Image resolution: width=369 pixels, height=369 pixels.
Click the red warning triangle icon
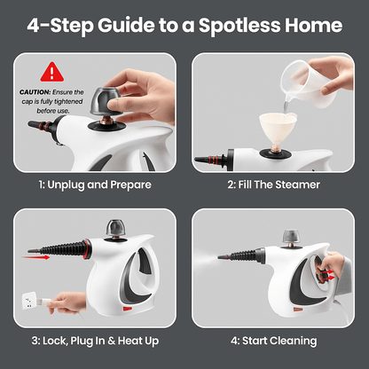52,71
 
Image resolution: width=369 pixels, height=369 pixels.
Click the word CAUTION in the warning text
35,91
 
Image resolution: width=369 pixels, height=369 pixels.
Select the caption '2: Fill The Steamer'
274,184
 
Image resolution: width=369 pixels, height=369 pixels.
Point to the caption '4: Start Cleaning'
274,340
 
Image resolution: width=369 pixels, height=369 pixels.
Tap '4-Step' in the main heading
68,25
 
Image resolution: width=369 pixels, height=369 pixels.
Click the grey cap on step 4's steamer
292,238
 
